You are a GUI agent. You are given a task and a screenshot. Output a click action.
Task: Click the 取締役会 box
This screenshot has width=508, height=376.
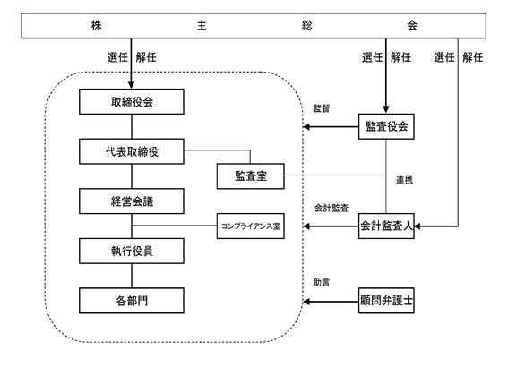click(132, 102)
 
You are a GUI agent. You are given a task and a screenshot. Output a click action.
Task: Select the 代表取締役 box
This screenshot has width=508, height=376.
click(132, 151)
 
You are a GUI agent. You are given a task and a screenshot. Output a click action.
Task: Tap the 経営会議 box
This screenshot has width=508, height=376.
click(132, 201)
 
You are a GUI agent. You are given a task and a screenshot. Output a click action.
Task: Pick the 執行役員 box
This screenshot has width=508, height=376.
click(132, 251)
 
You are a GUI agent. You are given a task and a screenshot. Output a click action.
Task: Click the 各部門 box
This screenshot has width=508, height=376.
click(132, 301)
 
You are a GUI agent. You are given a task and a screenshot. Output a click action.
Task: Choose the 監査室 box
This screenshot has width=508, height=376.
click(251, 176)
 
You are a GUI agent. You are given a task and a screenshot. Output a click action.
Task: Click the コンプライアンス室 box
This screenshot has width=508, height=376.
click(251, 226)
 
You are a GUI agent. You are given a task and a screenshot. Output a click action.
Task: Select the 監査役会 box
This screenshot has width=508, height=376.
click(386, 126)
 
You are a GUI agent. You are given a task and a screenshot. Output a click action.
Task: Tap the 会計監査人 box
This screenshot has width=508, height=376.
click(386, 226)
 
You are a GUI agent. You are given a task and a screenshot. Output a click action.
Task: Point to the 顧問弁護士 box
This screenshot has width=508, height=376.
click(386, 301)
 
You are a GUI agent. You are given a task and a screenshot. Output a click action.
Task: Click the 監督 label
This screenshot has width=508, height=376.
click(322, 108)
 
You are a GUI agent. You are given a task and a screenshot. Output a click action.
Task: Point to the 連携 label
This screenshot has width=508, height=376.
click(404, 180)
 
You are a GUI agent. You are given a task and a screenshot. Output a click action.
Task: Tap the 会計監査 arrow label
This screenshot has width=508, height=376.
click(331, 208)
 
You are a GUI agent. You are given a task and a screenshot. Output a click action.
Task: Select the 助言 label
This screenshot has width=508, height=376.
click(322, 283)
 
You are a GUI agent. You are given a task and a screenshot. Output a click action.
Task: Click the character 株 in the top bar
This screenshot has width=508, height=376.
click(96, 25)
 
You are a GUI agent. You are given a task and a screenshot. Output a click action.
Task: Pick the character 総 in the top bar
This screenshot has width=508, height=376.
click(306, 25)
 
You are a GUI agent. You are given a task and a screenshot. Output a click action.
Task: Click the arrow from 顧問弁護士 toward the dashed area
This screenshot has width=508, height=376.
click(331, 302)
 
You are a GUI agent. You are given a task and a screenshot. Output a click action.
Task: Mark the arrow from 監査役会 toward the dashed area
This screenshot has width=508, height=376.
click(331, 126)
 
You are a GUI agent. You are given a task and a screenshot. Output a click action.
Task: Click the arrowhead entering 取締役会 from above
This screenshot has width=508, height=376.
click(131, 85)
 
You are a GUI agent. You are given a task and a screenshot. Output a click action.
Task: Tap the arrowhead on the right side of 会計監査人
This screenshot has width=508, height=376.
click(418, 226)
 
